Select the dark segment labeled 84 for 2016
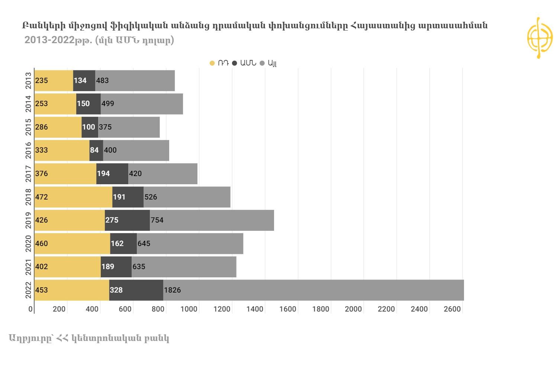(96, 150)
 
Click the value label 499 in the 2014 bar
(108, 104)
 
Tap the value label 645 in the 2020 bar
(144, 244)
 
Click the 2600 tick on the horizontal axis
(452, 309)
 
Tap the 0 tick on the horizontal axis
(30, 309)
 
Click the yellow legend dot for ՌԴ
(212, 63)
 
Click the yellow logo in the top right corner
(540, 38)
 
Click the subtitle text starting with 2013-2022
(99, 40)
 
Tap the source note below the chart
(89, 338)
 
